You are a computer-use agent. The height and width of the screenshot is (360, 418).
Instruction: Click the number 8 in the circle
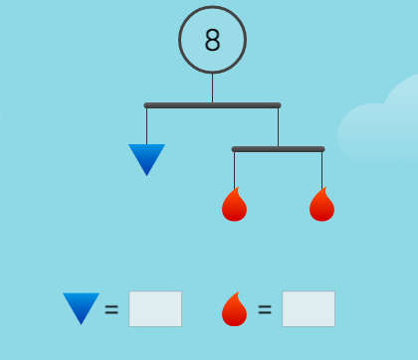[x=212, y=41]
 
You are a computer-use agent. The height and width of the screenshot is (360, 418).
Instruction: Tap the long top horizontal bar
[x=212, y=104]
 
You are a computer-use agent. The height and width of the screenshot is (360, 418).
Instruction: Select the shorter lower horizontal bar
[x=278, y=149]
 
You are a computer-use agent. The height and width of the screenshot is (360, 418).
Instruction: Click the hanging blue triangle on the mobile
[x=146, y=157]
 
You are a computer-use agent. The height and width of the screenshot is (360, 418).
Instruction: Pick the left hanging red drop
[x=234, y=205]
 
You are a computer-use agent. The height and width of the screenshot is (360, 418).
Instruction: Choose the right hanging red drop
[x=321, y=205]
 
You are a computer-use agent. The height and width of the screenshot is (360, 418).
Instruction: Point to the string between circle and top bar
[x=212, y=89]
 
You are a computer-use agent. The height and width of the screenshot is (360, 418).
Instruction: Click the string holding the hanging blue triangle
[x=146, y=125]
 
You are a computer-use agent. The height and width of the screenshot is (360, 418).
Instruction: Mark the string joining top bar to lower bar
[x=278, y=126]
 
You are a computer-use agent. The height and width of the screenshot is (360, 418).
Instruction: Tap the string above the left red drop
[x=234, y=169]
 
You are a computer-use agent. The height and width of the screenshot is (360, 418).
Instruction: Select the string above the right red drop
[x=321, y=169]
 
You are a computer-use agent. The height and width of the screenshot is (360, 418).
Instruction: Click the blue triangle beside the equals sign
[x=81, y=306]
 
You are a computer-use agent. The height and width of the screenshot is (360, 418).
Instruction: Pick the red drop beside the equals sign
[x=234, y=309]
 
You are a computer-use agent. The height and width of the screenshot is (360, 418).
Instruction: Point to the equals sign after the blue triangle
[x=111, y=309]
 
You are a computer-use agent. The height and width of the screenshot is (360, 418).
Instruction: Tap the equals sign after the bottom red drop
[x=265, y=309]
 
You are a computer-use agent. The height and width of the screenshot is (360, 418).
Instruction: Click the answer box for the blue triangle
[x=155, y=309]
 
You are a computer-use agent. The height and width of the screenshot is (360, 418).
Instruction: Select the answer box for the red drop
[x=309, y=309]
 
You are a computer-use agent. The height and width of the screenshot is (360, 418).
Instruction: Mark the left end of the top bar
[x=146, y=104]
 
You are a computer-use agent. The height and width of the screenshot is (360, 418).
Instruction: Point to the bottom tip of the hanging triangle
[x=146, y=175]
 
